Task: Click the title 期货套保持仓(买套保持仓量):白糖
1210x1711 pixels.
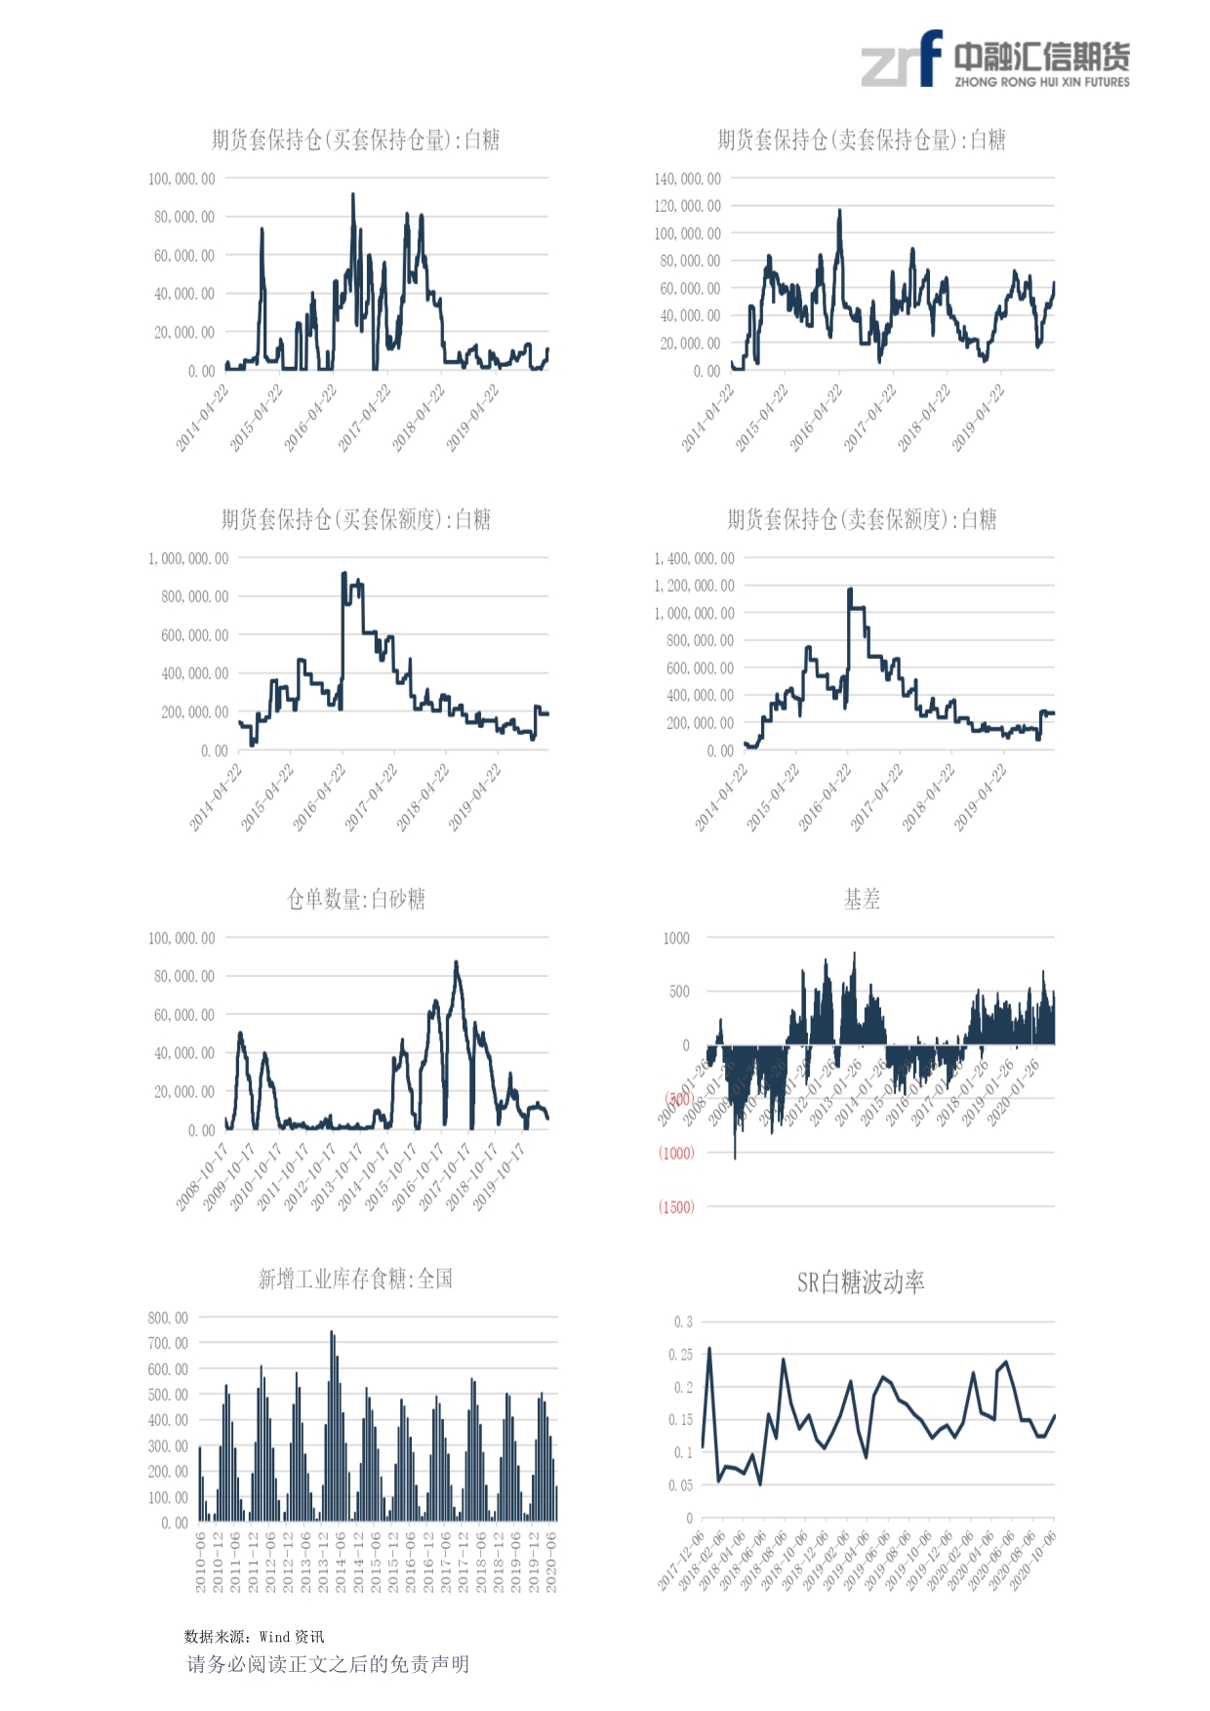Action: click(355, 141)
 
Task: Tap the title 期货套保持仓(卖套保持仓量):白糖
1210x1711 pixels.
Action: click(862, 141)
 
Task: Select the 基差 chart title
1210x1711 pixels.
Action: click(862, 899)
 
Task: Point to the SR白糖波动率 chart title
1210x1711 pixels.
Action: click(861, 1282)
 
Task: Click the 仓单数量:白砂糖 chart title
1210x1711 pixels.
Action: click(355, 899)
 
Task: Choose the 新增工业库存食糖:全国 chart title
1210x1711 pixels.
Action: click(355, 1279)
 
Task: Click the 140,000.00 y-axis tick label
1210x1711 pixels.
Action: click(687, 179)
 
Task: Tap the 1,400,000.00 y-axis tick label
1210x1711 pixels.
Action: click(694, 558)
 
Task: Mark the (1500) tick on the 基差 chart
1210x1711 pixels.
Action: click(676, 1207)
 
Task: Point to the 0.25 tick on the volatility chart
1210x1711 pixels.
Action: click(680, 1355)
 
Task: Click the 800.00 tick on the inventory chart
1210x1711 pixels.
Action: click(168, 1318)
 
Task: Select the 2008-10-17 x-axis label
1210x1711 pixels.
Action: click(202, 1177)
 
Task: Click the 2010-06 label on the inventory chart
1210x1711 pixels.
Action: click(201, 1562)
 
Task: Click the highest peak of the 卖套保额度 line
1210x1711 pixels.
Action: click(849, 590)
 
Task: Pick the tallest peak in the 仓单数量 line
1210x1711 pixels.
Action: click(456, 962)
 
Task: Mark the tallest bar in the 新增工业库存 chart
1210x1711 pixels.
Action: click(332, 1331)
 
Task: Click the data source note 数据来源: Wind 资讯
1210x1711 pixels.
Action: click(254, 1637)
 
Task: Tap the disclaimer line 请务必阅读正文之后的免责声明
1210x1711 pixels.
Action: click(328, 1664)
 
